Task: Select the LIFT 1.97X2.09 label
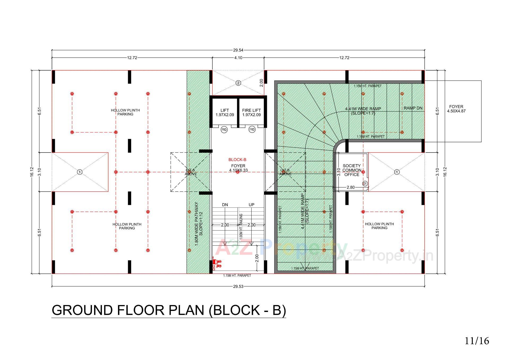tap(225, 112)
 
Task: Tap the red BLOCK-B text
tap(237, 160)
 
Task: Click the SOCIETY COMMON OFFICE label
tap(352, 170)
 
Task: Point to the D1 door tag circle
tap(365, 184)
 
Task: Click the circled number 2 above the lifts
tap(238, 83)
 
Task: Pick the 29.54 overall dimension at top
tap(238, 50)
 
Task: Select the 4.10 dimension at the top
tap(238, 58)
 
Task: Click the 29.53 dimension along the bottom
tap(238, 287)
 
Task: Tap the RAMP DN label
tap(413, 108)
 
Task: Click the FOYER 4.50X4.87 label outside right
tap(456, 109)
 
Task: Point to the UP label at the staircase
tap(251, 205)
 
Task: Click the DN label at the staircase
tap(225, 205)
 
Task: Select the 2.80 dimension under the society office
tap(350, 187)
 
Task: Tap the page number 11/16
tap(477, 341)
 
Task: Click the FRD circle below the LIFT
tap(224, 130)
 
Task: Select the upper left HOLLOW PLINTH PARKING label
tap(125, 112)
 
